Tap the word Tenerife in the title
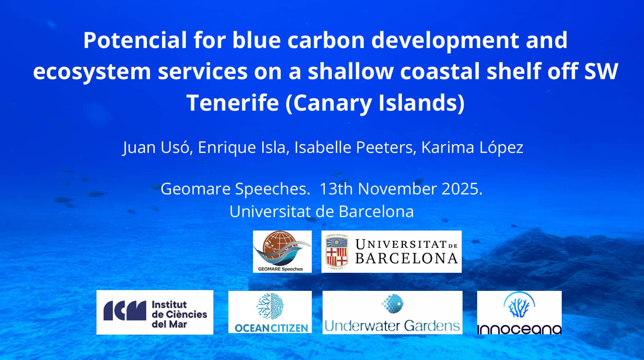[233, 103]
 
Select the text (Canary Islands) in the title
[375, 103]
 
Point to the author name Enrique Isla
[243, 148]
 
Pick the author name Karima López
[472, 148]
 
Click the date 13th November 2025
[401, 189]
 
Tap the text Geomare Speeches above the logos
[235, 189]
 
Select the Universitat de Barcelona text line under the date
[321, 212]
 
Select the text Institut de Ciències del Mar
[179, 314]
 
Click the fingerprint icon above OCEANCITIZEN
[270, 306]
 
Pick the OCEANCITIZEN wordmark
[271, 328]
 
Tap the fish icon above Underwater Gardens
[392, 304]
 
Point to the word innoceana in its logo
[519, 329]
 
